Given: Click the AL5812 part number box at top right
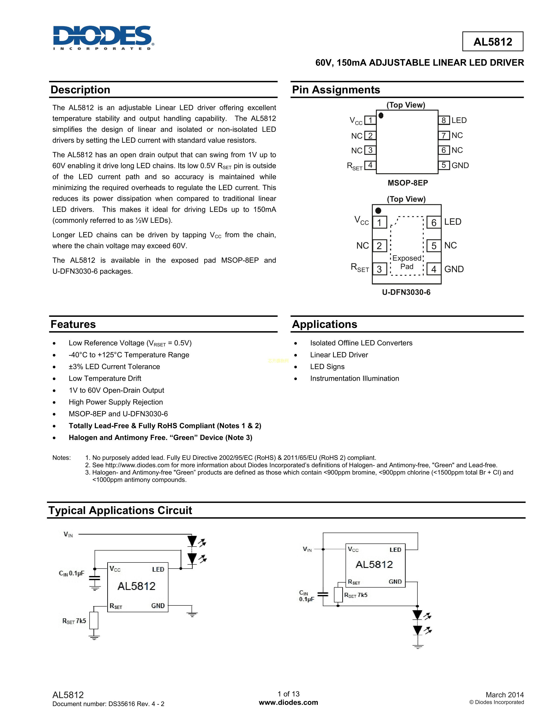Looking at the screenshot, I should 492,41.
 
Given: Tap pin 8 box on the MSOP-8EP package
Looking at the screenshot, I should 443,120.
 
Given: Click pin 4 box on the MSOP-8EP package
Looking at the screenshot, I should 370,165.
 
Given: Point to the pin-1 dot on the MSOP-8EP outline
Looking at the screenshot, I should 381,115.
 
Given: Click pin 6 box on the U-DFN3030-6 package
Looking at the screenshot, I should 434,223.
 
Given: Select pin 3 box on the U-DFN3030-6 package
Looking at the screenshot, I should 379,269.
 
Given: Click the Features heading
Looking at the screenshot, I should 73,324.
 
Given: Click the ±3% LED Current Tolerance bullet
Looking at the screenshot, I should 114,367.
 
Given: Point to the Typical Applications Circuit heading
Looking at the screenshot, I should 120,510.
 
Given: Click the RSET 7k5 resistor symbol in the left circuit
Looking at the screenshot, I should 94,621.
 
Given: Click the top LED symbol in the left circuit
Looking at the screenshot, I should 192,541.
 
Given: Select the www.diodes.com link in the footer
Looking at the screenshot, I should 288,702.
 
